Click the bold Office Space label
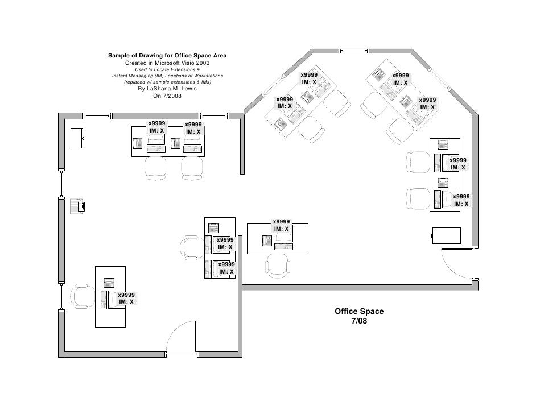(359, 312)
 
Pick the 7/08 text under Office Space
(359, 321)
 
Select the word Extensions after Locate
(180, 69)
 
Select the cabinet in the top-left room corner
(77, 138)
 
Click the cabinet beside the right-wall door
(446, 235)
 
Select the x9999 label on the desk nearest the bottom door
(126, 295)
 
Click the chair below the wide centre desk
(277, 263)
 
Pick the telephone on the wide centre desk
(267, 241)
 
